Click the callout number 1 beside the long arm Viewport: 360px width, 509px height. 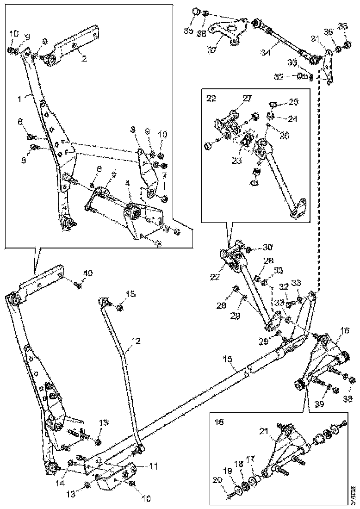click(x=19, y=98)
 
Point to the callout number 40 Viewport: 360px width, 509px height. click(x=87, y=273)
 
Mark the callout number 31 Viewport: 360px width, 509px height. click(x=315, y=38)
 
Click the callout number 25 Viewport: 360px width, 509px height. click(x=294, y=101)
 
